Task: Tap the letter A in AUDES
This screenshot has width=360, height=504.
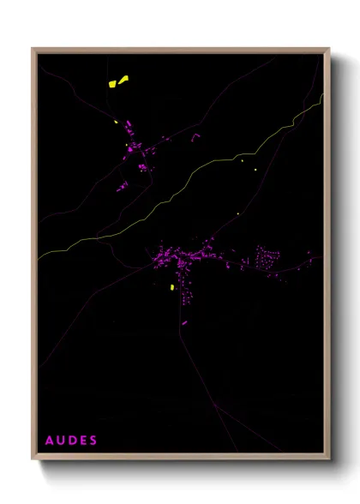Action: pyautogui.click(x=49, y=440)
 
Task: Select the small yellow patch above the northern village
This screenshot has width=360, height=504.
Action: pyautogui.click(x=116, y=121)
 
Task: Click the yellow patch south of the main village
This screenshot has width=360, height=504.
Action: pyautogui.click(x=173, y=287)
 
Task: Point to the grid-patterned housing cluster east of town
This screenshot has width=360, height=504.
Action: pyautogui.click(x=267, y=259)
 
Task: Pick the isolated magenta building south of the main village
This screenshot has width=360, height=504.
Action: pyautogui.click(x=184, y=322)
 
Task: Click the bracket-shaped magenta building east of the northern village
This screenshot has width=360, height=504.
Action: pyautogui.click(x=195, y=135)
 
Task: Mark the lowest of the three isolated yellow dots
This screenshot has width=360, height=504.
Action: pyautogui.click(x=237, y=213)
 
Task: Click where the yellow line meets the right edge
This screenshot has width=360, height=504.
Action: pyautogui.click(x=322, y=94)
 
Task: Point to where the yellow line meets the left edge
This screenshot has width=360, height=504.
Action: pyautogui.click(x=38, y=257)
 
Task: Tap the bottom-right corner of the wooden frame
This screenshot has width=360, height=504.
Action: pyautogui.click(x=329, y=457)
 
